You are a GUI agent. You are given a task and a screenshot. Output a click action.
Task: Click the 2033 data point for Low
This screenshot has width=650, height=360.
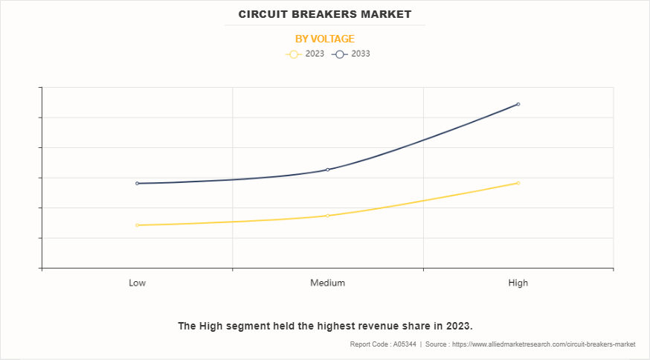[x=138, y=183]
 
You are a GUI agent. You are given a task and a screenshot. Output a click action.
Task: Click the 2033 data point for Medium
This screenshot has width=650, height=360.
[x=328, y=170]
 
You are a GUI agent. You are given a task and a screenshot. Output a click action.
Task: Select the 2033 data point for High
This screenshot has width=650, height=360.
[x=518, y=104]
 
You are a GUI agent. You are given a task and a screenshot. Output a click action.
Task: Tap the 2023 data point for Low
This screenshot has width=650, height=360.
[x=138, y=225]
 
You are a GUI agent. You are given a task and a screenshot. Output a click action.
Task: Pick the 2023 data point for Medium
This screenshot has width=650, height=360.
[x=328, y=216]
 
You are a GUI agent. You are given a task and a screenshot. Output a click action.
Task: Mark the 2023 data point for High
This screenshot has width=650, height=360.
[x=518, y=183]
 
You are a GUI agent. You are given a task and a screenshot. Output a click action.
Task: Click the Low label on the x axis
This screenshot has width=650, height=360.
[x=138, y=283]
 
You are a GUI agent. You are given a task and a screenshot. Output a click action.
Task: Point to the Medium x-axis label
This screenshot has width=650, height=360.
[x=328, y=283]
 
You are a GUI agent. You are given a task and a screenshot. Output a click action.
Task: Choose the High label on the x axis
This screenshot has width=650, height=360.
[x=518, y=283]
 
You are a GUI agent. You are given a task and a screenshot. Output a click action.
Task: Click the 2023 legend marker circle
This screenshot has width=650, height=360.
[x=293, y=54]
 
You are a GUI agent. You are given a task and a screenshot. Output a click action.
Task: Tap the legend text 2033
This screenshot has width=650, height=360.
[x=361, y=54]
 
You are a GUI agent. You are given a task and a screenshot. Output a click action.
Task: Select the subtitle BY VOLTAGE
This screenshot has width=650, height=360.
[x=325, y=39]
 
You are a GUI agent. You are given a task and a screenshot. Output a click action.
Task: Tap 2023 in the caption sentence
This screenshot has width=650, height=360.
[x=457, y=326]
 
